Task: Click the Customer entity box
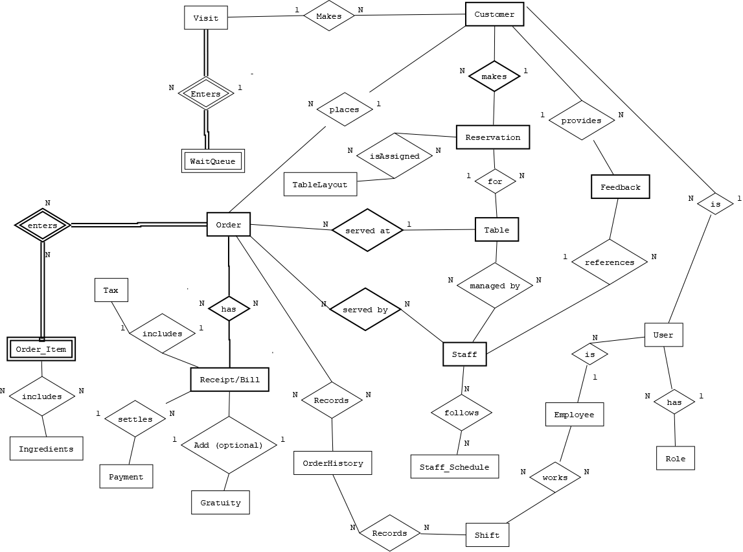[494, 14]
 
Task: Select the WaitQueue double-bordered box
[213, 161]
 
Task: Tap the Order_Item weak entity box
[41, 350]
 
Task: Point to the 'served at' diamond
[367, 230]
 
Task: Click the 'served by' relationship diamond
[365, 310]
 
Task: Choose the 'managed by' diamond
[495, 285]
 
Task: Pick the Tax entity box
[111, 290]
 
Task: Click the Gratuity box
[220, 502]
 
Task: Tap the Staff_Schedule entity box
[455, 466]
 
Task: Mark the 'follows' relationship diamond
[461, 413]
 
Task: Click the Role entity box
[675, 458]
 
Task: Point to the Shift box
[487, 535]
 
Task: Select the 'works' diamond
[554, 477]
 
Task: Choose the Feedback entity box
[620, 187]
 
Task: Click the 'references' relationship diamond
[609, 262]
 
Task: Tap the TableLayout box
[320, 184]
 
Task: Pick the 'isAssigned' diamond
[394, 155]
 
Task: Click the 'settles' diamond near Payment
[135, 419]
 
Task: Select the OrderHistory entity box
[333, 463]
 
